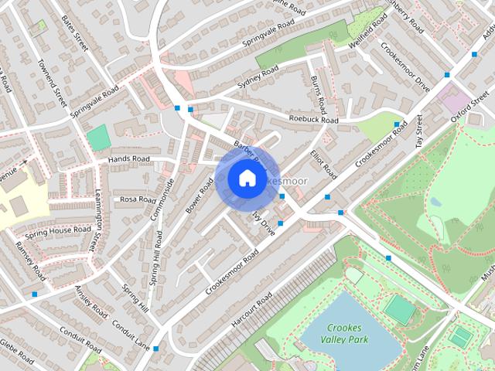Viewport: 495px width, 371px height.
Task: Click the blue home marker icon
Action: (x=246, y=179)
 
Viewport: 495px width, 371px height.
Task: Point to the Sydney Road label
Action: (x=258, y=77)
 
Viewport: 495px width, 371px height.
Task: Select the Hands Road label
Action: (x=129, y=159)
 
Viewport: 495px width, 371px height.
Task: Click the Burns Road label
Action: (x=318, y=93)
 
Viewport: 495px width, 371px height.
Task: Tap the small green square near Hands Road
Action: (x=98, y=138)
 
